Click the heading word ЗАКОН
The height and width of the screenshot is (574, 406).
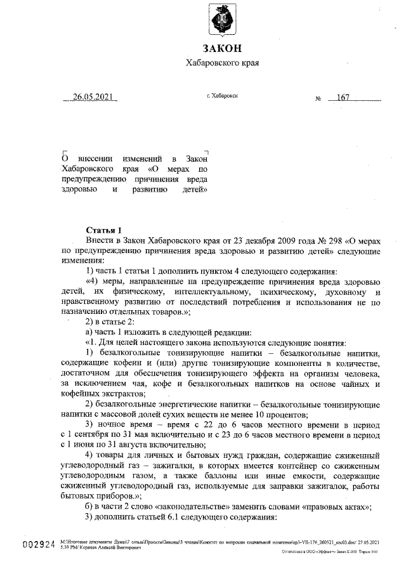222,49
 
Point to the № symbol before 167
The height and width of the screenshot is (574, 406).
318,99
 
